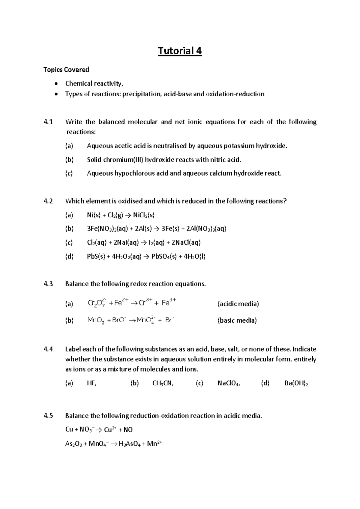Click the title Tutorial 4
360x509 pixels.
[180, 51]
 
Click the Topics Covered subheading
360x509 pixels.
[66, 70]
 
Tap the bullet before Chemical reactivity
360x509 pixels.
[56, 83]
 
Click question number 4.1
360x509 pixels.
[48, 122]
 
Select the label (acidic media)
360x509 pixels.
[238, 304]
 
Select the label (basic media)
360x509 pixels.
[237, 320]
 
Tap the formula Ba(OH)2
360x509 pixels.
[296, 383]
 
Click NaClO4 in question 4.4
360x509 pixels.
[229, 383]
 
